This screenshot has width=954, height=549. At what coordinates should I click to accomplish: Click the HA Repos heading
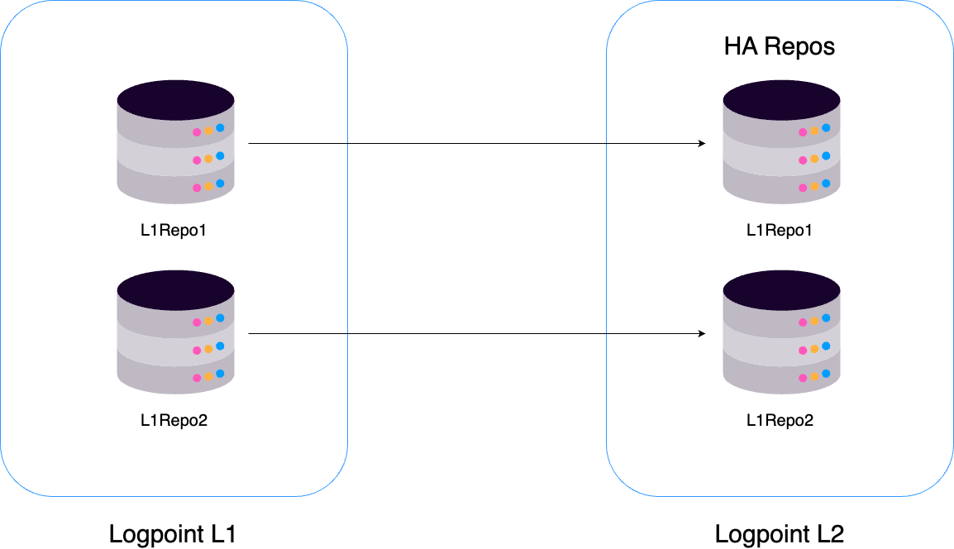[x=780, y=46]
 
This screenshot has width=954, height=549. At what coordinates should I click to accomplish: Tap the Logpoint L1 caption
[x=173, y=534]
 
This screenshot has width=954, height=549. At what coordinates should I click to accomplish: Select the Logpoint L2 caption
[x=780, y=534]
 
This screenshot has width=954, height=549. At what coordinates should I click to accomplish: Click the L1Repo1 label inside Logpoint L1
[x=174, y=231]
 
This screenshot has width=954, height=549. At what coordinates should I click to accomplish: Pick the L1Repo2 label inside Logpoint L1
[x=174, y=421]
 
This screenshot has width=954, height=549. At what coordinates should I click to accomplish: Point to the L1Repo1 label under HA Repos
[x=780, y=231]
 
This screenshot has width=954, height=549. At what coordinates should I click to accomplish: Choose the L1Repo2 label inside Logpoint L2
[x=780, y=421]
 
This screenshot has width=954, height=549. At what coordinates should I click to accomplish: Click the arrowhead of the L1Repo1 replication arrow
[x=701, y=144]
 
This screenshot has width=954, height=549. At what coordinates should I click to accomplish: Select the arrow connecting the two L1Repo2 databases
[x=475, y=334]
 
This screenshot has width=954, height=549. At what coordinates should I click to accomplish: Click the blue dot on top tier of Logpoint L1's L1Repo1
[x=220, y=128]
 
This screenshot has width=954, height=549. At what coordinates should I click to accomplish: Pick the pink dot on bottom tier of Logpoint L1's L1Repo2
[x=197, y=378]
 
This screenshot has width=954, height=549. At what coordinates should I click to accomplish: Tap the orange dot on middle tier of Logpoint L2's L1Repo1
[x=814, y=159]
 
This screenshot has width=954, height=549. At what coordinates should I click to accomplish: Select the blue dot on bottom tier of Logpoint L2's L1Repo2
[x=826, y=373]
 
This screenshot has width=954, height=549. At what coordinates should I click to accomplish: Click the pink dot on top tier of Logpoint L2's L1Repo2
[x=803, y=322]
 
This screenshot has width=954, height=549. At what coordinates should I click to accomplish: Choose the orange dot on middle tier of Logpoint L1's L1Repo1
[x=208, y=159]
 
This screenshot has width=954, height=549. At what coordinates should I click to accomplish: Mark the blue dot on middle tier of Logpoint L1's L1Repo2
[x=220, y=346]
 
